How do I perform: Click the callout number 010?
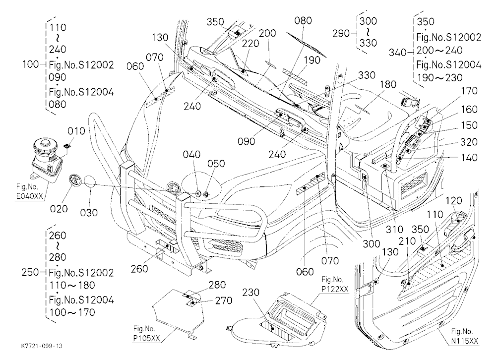pyautogui.click(x=76, y=131)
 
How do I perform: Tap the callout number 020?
pyautogui.click(x=59, y=209)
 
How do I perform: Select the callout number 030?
pyautogui.click(x=89, y=213)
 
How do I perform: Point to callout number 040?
pyautogui.click(x=191, y=154)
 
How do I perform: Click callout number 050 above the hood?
pyautogui.click(x=216, y=164)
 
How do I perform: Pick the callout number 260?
pyautogui.click(x=139, y=269)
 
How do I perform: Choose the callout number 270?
pyautogui.click(x=224, y=300)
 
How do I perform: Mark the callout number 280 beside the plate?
pyautogui.click(x=217, y=285)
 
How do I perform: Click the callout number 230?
pyautogui.click(x=251, y=292)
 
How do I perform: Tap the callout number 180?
pyautogui.click(x=388, y=84)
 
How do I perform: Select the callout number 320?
pyautogui.click(x=469, y=142)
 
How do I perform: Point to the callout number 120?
pyautogui.click(x=454, y=200)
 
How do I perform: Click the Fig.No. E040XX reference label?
pyautogui.click(x=29, y=192)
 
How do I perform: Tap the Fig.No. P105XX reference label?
pyautogui.click(x=146, y=333)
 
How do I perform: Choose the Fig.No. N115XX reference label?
pyautogui.click(x=465, y=336)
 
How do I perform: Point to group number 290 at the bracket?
pyautogui.click(x=341, y=33)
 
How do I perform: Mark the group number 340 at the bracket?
pyautogui.click(x=397, y=53)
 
